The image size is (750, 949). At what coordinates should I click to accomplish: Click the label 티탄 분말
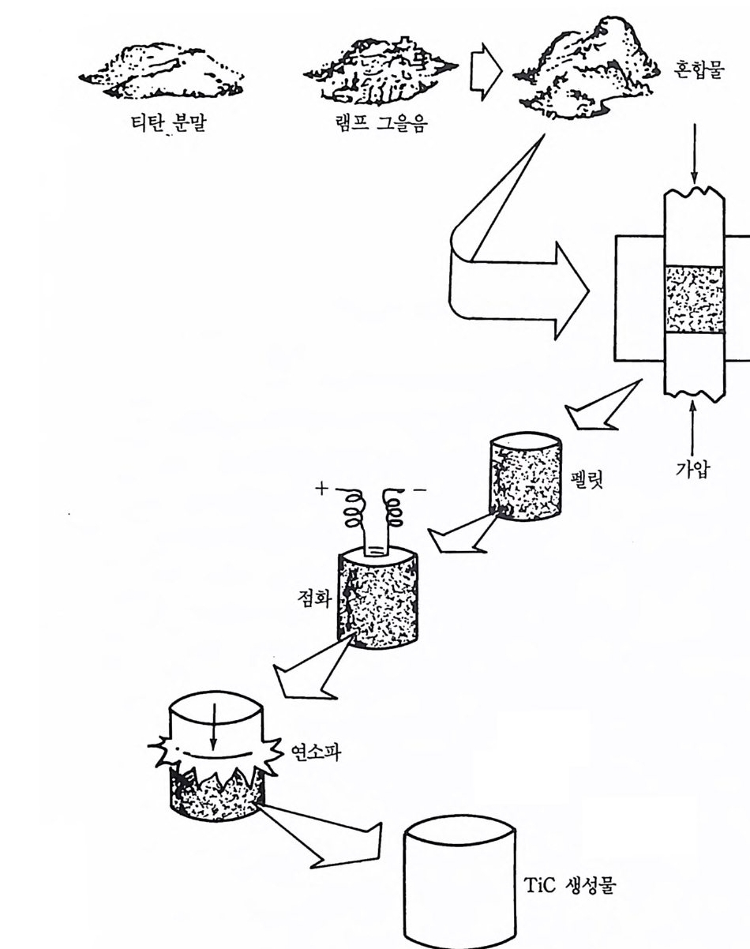169,123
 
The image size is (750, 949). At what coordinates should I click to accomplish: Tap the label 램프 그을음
381,123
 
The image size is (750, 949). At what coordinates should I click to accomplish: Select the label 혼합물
699,70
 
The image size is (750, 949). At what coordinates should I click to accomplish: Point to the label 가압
692,469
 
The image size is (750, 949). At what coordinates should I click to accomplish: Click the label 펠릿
586,478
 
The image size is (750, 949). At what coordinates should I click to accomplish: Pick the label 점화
314,598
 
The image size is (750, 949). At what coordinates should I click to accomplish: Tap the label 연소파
316,752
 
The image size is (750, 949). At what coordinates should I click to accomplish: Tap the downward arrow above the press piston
695,153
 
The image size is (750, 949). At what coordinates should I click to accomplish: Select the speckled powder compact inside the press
695,299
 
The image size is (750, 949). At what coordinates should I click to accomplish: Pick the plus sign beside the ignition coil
322,488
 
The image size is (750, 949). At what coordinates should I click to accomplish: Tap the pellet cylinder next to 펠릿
526,476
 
